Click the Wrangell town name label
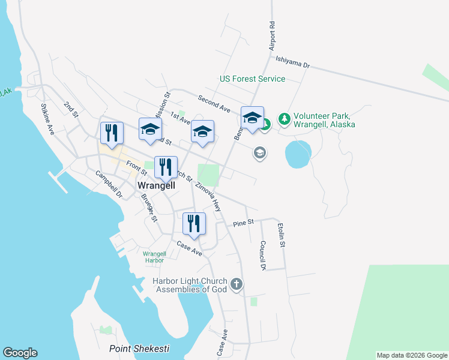157,186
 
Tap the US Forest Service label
252,79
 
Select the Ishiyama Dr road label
292,62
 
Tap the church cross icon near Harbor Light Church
237,283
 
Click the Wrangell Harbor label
153,256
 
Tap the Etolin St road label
281,235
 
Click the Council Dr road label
262,256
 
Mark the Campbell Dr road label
109,184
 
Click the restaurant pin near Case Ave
194,224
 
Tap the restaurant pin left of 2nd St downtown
111,133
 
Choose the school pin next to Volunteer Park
253,117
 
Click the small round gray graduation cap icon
260,153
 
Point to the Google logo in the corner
20,353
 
